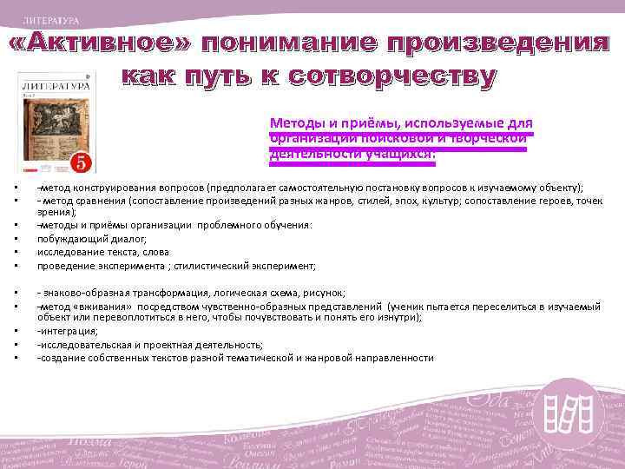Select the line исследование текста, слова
click(96, 252)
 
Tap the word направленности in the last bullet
click(397, 358)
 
